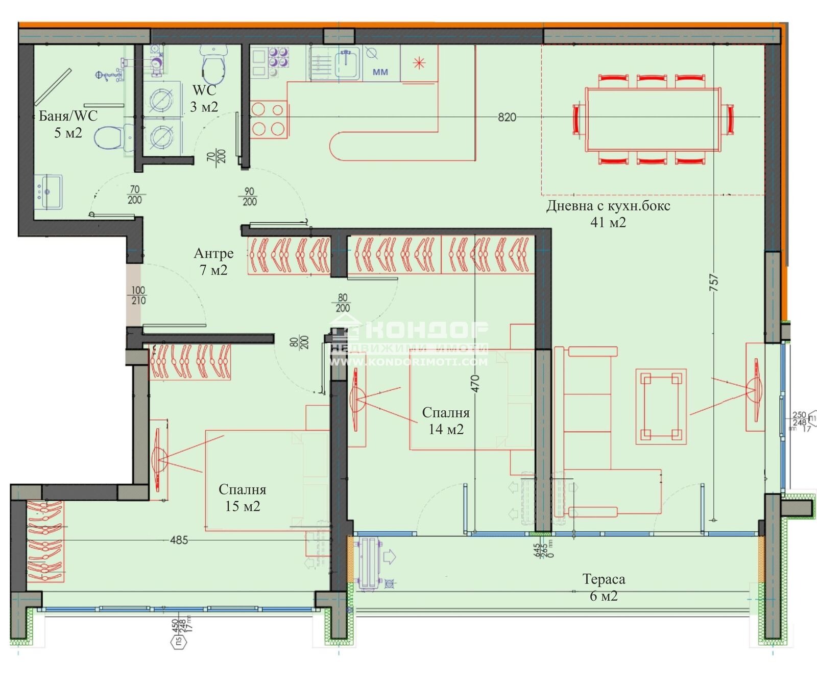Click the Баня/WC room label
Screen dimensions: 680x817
coord(68,124)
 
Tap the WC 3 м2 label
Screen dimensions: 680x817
coord(204,98)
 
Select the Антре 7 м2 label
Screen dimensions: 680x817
coord(213,261)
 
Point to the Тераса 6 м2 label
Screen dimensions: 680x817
coord(604,587)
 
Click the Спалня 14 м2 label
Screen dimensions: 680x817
coord(446,420)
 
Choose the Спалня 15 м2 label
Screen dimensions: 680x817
coord(243,498)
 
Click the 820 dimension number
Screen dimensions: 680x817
coord(507,117)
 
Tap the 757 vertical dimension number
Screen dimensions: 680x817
coord(714,283)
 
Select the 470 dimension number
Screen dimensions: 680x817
coord(475,383)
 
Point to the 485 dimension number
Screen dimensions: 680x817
coord(179,540)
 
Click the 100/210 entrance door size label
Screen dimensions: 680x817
coord(138,295)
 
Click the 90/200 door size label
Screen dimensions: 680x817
coord(249,196)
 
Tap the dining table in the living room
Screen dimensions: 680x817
coord(653,120)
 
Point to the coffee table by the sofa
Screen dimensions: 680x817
coord(661,406)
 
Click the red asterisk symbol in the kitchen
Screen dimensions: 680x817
coord(419,63)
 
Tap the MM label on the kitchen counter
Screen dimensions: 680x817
coord(380,72)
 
